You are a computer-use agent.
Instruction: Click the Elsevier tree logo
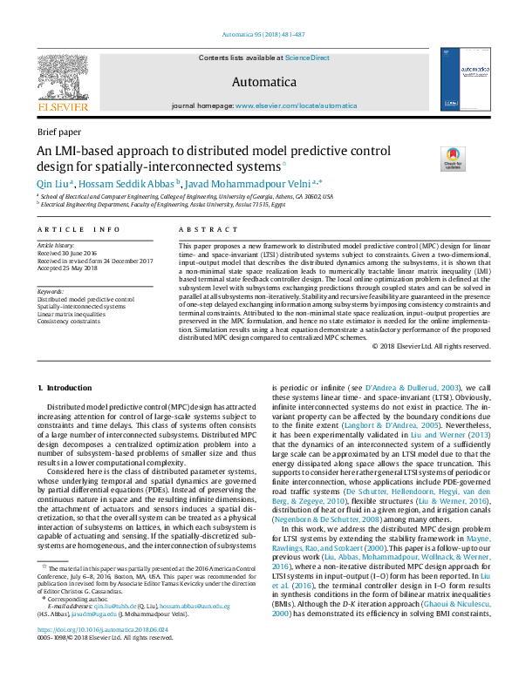tap(62, 76)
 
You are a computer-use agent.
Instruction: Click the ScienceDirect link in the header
tap(308, 57)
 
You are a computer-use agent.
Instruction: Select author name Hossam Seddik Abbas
tap(128, 183)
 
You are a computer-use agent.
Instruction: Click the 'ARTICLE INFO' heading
tap(79, 229)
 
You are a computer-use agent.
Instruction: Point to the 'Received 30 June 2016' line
tap(72, 254)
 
